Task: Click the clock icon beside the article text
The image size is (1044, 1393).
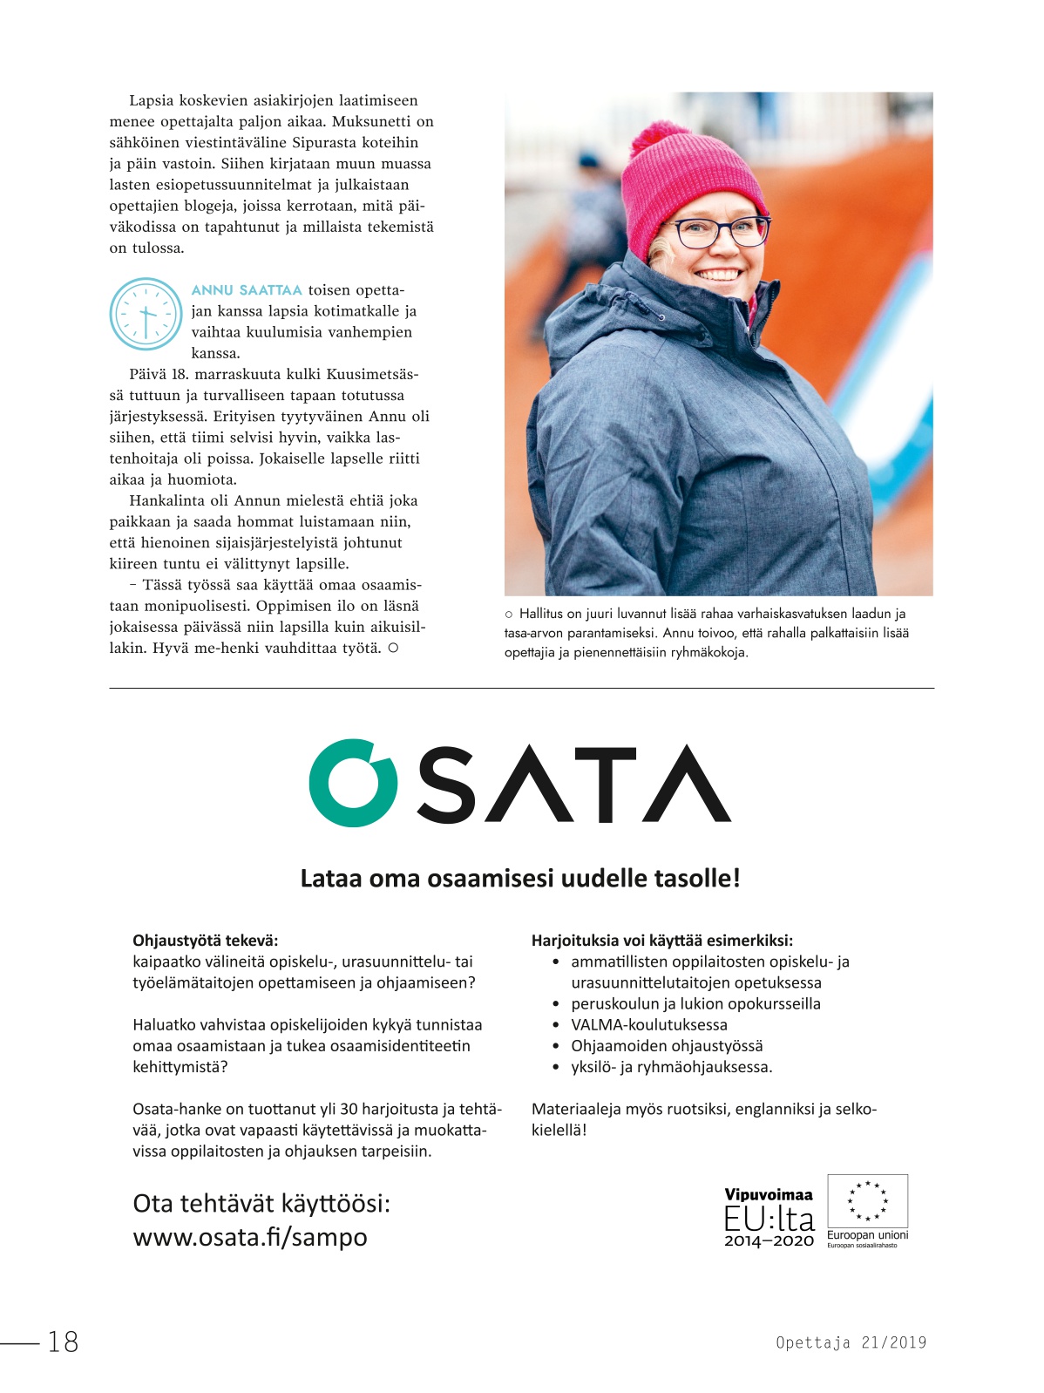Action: coord(146,314)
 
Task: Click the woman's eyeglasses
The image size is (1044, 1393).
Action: coord(720,232)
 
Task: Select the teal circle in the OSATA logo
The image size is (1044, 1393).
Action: coord(352,783)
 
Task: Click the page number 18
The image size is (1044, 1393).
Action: coord(63,1342)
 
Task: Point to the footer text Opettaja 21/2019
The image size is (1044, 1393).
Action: coord(851,1342)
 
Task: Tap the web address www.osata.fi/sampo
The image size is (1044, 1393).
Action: coord(250,1237)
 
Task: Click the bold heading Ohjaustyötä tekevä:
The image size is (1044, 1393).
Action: coord(206,941)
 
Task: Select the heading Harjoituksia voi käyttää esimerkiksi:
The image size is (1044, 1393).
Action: coord(662,941)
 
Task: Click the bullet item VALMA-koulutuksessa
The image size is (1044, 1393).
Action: coord(648,1024)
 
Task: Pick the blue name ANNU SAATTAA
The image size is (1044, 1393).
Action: coord(247,290)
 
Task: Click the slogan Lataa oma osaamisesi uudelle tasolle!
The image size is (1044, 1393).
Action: coord(520,878)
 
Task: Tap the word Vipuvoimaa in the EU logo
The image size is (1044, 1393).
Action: coord(768,1194)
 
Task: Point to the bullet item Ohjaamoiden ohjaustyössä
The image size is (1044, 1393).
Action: coord(667,1045)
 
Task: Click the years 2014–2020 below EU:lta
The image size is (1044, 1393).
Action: coord(769,1241)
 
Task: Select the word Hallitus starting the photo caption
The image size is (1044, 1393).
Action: coord(540,614)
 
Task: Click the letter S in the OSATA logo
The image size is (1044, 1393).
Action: coord(458,784)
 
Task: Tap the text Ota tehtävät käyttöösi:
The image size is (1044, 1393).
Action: coord(261,1204)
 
